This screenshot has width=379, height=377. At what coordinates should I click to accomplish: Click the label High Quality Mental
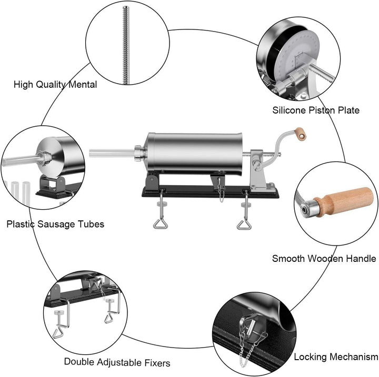tap(55, 84)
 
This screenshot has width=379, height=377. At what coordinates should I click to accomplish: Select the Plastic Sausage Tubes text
tap(55, 224)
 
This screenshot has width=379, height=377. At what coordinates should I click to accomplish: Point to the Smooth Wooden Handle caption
tap(324, 258)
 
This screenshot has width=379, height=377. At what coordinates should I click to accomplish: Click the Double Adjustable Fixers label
tap(117, 362)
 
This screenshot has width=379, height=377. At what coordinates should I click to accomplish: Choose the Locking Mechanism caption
tap(336, 357)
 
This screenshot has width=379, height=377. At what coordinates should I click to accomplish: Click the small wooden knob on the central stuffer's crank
tap(300, 134)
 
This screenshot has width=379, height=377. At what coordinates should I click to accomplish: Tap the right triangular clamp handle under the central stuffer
tap(244, 225)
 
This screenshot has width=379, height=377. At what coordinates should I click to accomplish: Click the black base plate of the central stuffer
tap(211, 192)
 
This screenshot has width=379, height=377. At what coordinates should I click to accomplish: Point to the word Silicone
tap(288, 110)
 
